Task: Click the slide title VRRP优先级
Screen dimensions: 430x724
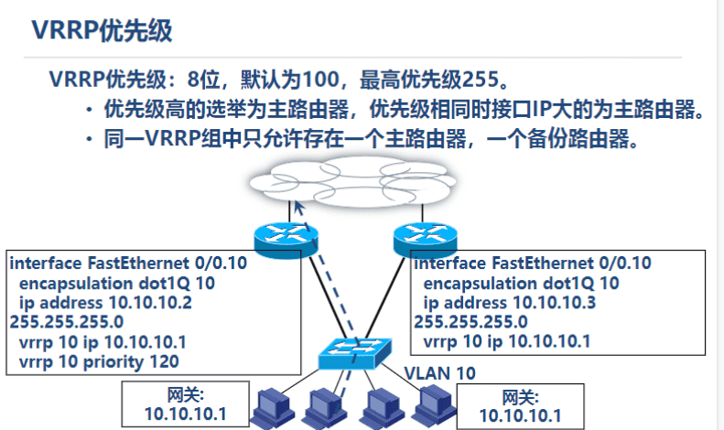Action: pyautogui.click(x=102, y=30)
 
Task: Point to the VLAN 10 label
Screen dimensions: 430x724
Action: pyautogui.click(x=440, y=372)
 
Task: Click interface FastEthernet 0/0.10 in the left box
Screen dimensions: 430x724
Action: pyautogui.click(x=127, y=263)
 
